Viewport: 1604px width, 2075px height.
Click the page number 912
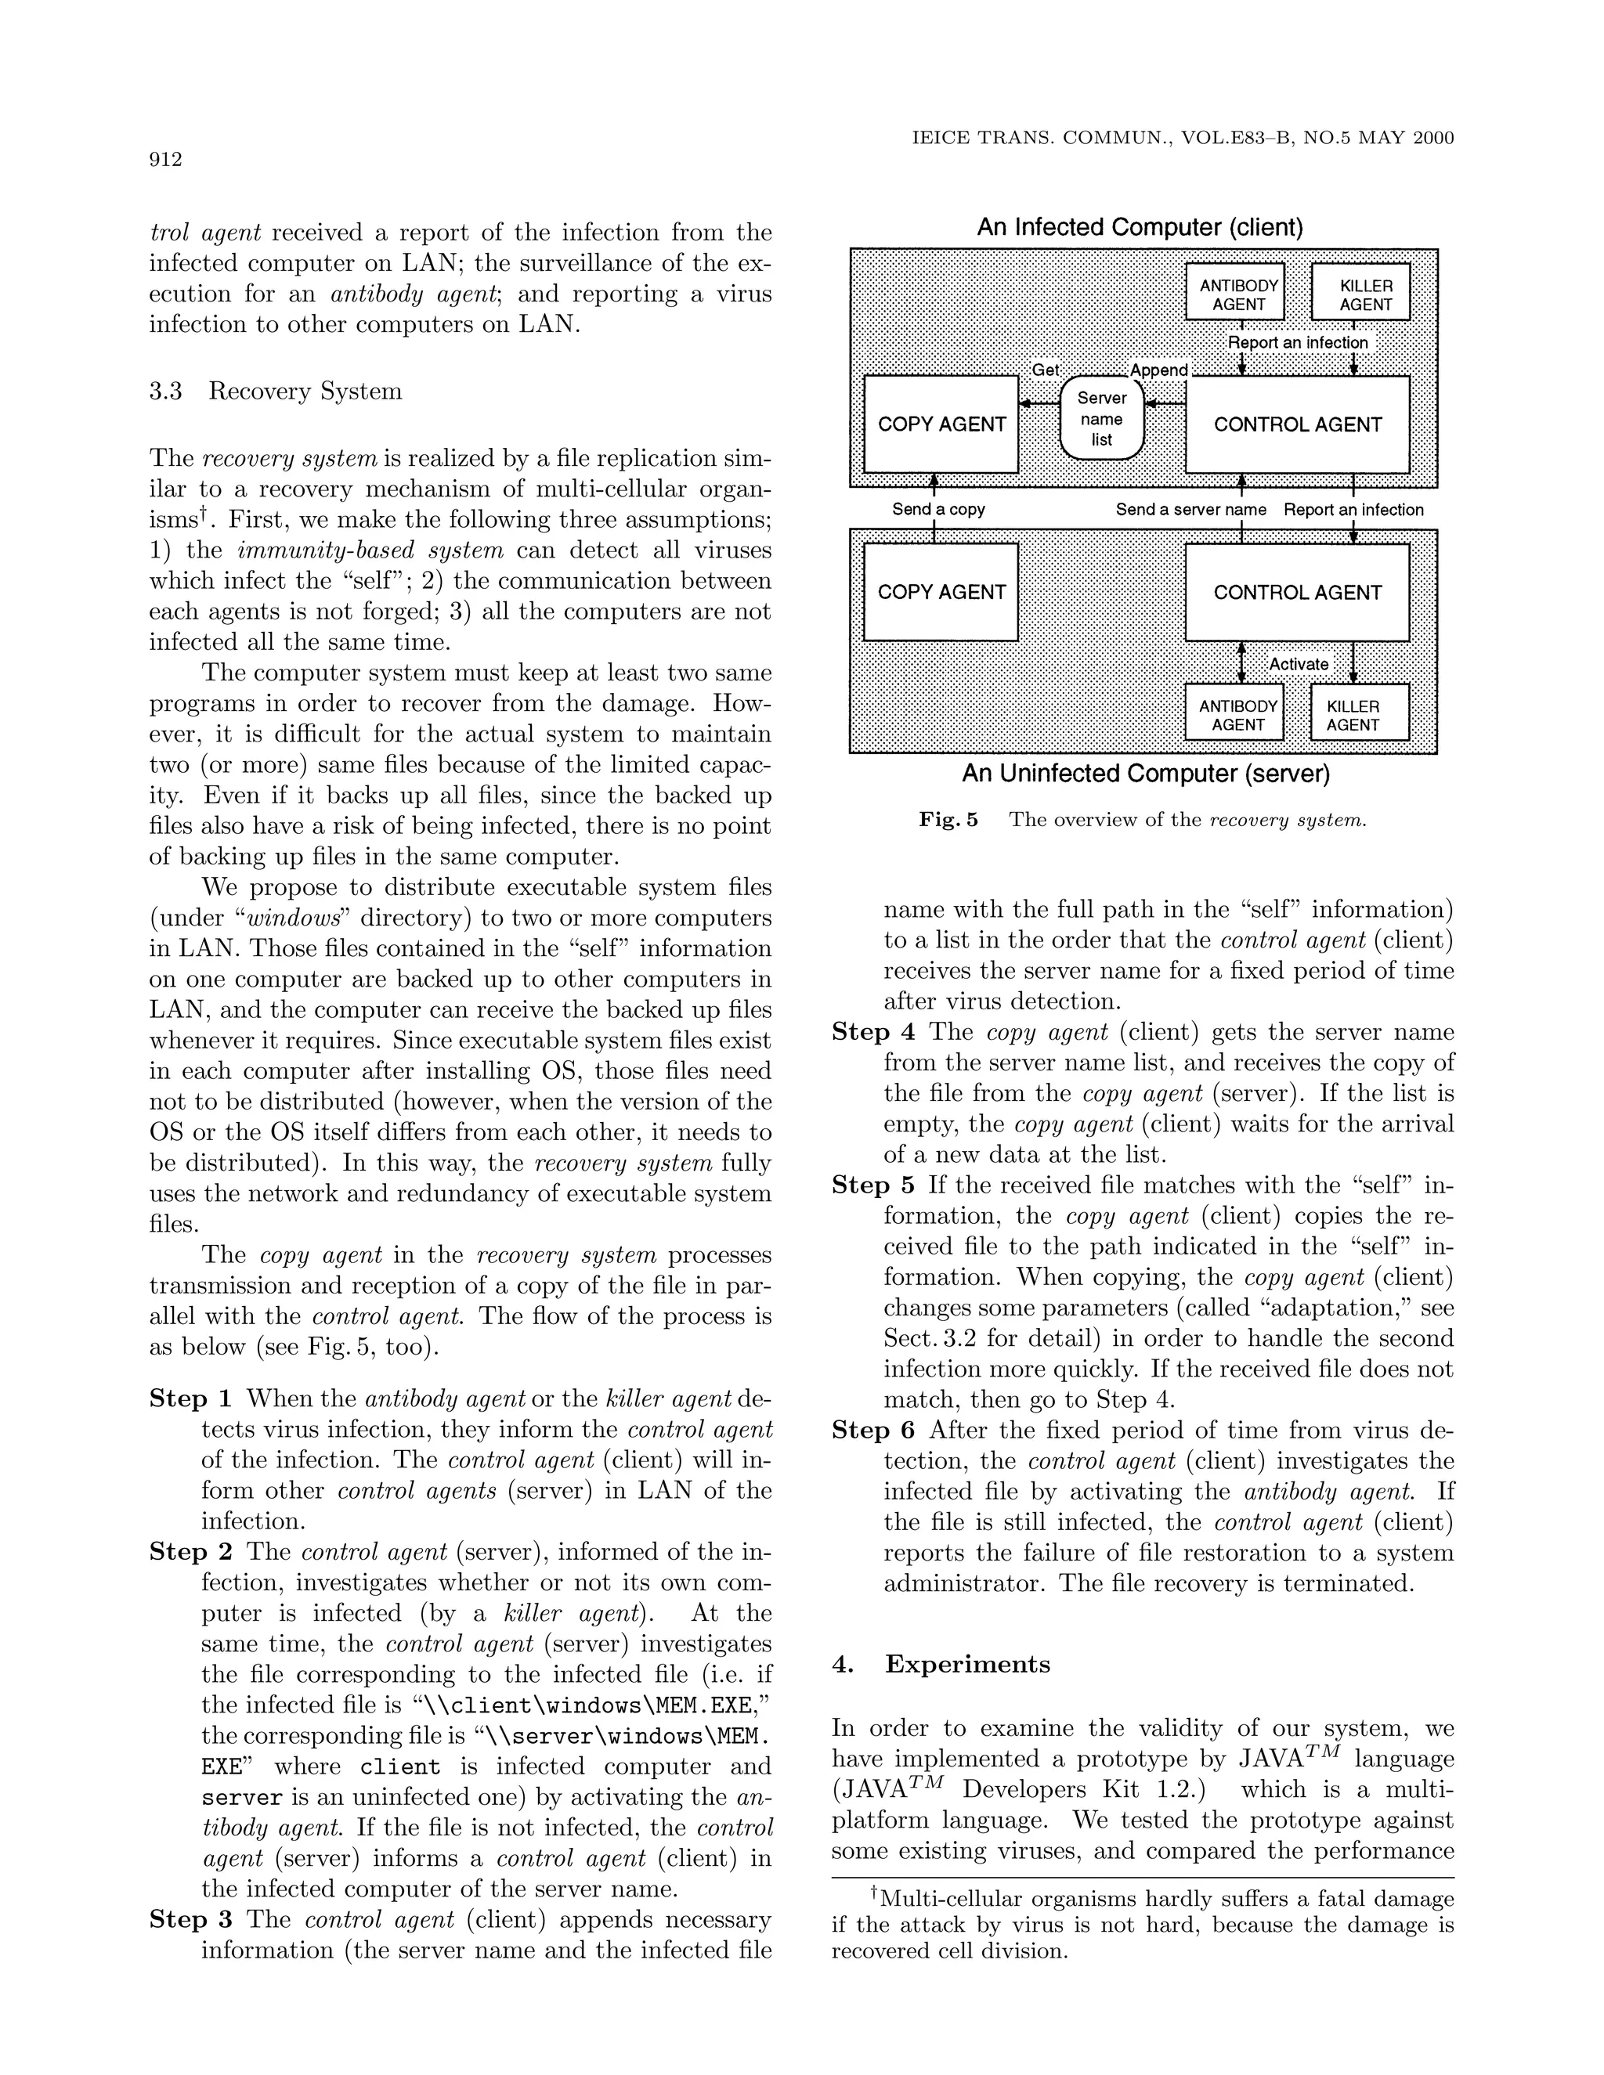[x=165, y=160]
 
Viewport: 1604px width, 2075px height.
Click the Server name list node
[x=1101, y=419]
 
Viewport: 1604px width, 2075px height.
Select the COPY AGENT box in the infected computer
[x=941, y=424]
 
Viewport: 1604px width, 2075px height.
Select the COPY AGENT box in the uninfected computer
[x=941, y=592]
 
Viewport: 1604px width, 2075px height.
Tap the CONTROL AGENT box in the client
[x=1297, y=424]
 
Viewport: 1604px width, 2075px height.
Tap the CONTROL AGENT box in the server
[x=1297, y=592]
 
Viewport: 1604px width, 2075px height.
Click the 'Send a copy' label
[x=937, y=509]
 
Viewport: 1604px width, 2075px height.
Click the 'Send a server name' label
[x=1190, y=509]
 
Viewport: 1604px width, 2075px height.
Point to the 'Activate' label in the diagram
[x=1298, y=664]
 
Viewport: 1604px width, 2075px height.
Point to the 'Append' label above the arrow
[x=1158, y=370]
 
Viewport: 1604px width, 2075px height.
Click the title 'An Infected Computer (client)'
[x=1140, y=227]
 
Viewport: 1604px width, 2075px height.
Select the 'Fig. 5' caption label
[x=948, y=820]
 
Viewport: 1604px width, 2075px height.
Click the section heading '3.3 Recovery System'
[x=276, y=392]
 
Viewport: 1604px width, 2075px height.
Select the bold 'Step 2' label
[x=190, y=1551]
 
